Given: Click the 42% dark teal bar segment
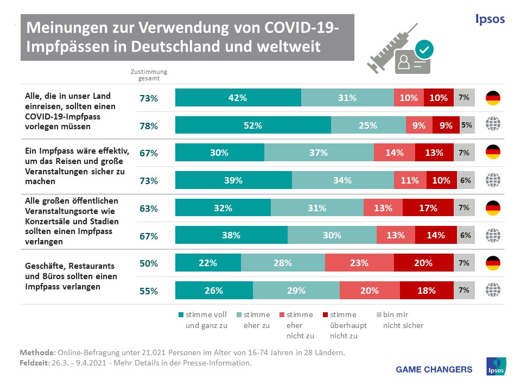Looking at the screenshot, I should pyautogui.click(x=238, y=98).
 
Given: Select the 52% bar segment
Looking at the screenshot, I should pyautogui.click(x=253, y=125).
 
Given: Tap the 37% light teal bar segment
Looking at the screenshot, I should pyautogui.click(x=319, y=153).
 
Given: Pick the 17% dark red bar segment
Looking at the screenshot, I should pyautogui.click(x=428, y=208).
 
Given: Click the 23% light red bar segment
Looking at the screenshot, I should pyautogui.click(x=359, y=263).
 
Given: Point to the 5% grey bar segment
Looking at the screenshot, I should pyautogui.click(x=467, y=125).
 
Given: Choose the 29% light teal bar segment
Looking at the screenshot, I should pyautogui.click(x=296, y=291).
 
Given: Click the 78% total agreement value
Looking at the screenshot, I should pyautogui.click(x=148, y=126).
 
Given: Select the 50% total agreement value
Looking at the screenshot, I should pyautogui.click(x=148, y=264).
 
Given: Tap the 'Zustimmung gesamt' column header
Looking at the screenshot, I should pyautogui.click(x=149, y=75).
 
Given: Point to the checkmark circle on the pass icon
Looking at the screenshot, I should pyautogui.click(x=423, y=49).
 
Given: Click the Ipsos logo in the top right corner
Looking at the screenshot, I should pyautogui.click(x=489, y=20).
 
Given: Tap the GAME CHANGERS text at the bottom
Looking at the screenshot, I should pyautogui.click(x=434, y=369).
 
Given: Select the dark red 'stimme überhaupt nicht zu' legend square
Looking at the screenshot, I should pyautogui.click(x=325, y=314).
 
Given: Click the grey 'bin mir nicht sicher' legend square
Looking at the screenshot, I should pyautogui.click(x=379, y=314).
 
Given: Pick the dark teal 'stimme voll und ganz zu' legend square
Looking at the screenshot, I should pyautogui.click(x=181, y=314).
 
